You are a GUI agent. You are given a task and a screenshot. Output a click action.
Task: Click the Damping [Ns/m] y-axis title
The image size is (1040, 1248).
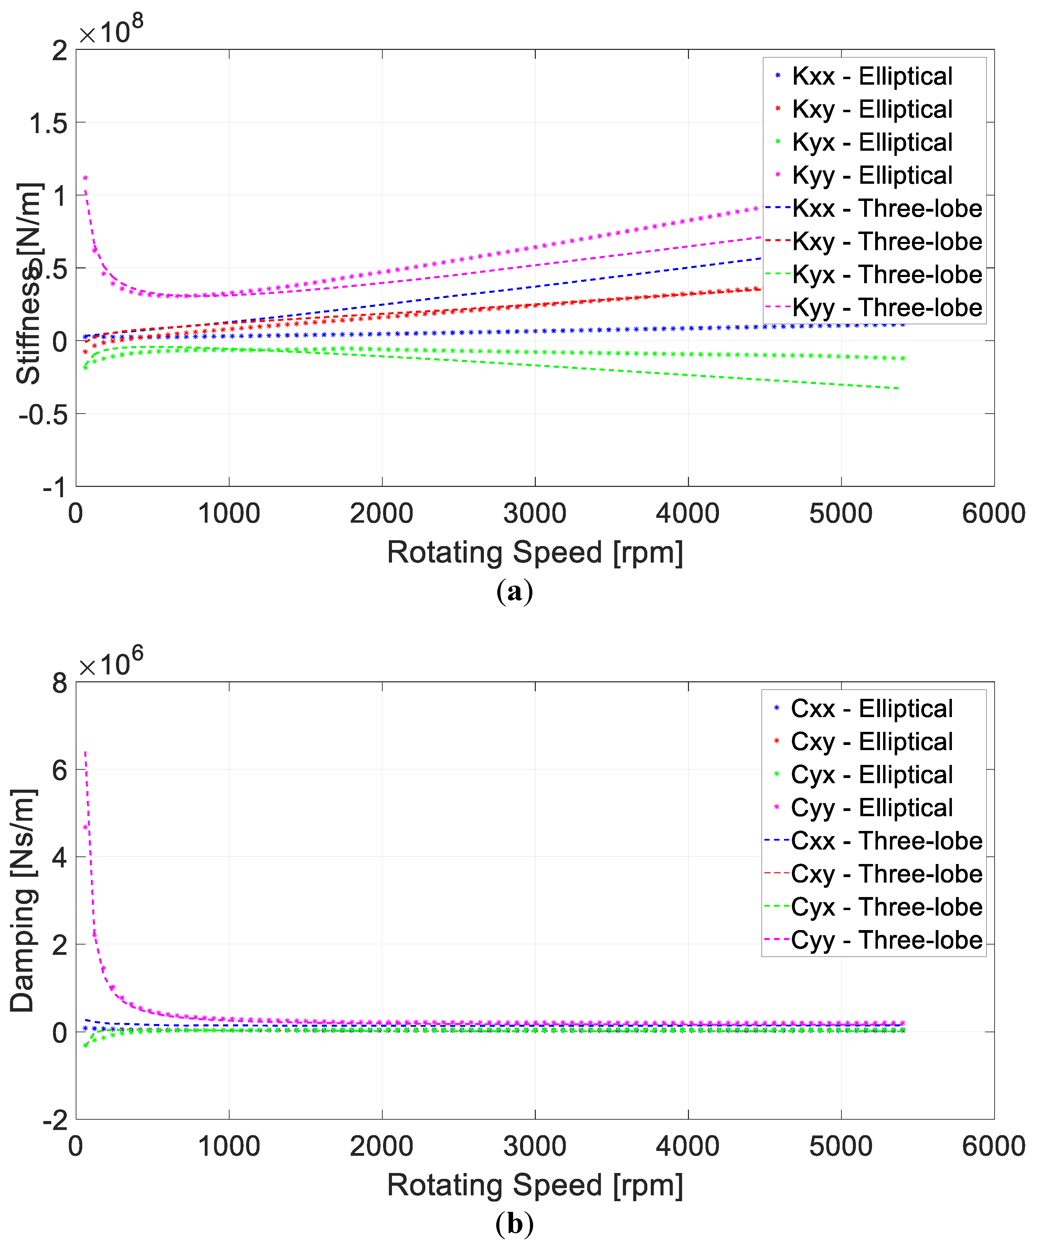tap(24, 901)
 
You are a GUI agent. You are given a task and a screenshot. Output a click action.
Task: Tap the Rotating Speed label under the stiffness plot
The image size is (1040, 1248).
tap(535, 552)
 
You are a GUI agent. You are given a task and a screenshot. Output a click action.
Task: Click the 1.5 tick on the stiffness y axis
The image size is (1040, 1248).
tap(49, 124)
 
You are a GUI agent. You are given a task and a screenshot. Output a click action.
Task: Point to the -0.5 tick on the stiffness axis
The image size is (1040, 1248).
tap(43, 414)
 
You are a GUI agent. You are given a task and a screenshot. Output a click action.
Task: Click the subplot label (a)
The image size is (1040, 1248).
tap(514, 591)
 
